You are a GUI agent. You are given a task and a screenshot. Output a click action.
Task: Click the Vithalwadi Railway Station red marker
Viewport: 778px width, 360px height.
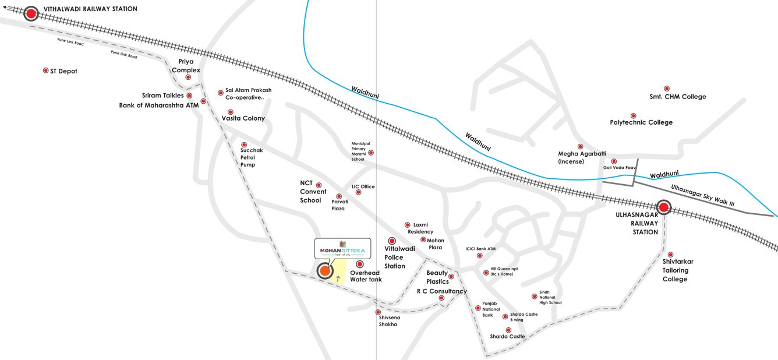30,13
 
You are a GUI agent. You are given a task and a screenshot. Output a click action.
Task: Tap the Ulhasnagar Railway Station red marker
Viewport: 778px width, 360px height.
663,207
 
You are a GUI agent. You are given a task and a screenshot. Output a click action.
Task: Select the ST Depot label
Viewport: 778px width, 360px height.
63,71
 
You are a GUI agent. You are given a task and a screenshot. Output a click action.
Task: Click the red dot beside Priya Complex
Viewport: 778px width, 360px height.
188,77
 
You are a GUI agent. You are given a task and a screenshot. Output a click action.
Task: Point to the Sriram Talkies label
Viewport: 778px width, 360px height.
162,95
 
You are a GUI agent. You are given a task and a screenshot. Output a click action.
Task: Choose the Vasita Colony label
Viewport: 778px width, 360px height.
243,118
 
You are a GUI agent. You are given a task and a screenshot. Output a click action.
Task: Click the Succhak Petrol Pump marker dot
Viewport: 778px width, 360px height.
244,144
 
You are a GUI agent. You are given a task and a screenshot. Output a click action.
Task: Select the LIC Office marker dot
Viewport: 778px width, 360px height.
358,192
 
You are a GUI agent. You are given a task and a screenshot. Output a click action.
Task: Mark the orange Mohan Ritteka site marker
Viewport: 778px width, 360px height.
324,271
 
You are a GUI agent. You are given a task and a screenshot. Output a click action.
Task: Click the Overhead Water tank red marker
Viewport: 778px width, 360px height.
359,264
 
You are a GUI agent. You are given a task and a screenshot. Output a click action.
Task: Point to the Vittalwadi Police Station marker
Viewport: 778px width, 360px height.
391,241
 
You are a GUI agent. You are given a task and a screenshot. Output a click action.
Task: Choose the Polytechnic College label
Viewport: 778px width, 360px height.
641,122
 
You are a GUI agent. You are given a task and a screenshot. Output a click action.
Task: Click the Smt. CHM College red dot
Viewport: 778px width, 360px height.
667,88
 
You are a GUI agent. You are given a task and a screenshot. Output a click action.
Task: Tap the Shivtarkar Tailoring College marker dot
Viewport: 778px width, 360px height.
670,255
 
